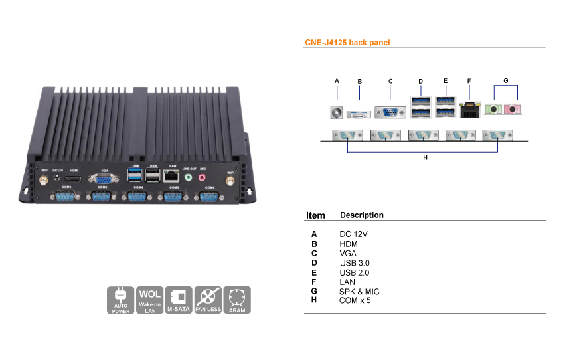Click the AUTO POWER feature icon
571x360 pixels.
(120, 300)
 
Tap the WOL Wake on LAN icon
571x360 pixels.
(150, 300)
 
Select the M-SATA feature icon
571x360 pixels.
(179, 300)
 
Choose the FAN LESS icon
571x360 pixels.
(208, 300)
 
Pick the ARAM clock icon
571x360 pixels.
(237, 300)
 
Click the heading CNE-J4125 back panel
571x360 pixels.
(347, 43)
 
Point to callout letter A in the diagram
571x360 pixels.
(337, 81)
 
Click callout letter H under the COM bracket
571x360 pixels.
(425, 159)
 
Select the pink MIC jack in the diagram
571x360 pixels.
(512, 109)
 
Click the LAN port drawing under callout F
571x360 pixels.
(470, 110)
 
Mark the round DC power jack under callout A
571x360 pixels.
(337, 112)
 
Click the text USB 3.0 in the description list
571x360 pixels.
(355, 263)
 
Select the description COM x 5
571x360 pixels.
(355, 300)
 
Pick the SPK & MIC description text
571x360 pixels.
(359, 291)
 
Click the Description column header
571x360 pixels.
(361, 215)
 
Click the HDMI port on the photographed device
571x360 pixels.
(74, 179)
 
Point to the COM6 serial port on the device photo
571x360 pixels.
(209, 199)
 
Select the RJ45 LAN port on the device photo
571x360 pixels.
(171, 176)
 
